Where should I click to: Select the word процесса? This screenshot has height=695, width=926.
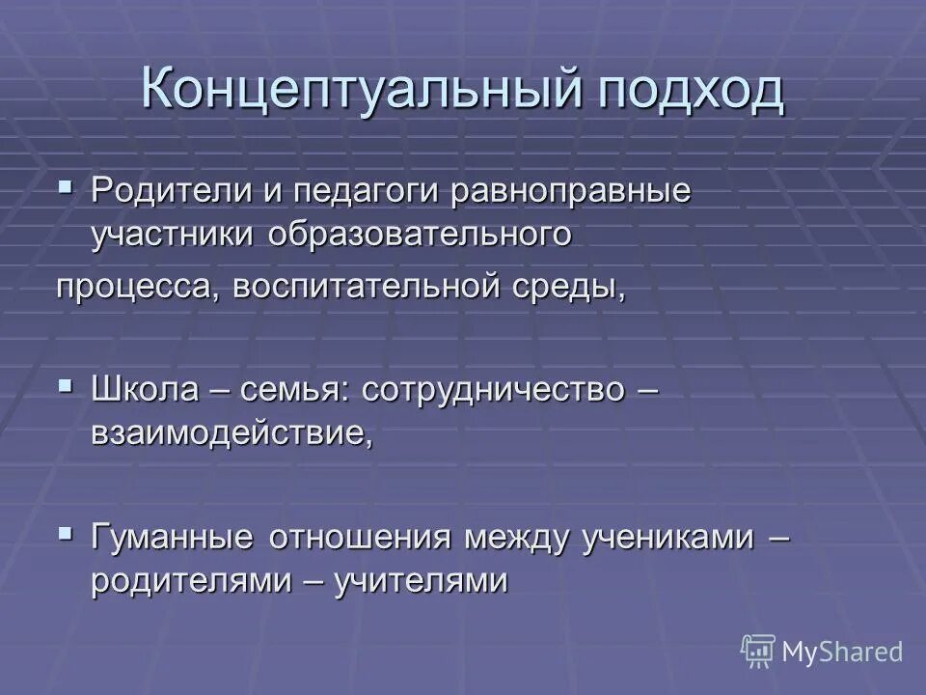click(x=135, y=288)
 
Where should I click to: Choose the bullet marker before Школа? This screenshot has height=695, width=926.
click(x=66, y=384)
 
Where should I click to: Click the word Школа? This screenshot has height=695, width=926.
click(x=145, y=391)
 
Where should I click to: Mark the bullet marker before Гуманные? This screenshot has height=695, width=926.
click(x=66, y=530)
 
